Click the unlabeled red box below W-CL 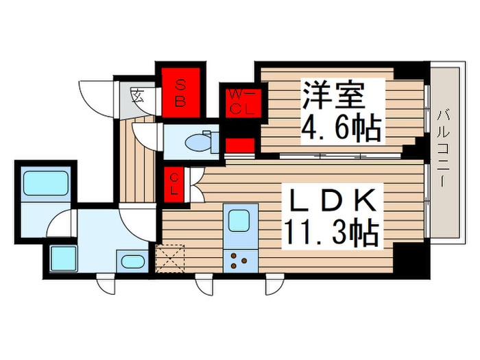coord(239,144)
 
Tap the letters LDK coord(335,200)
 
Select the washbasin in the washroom coord(132,261)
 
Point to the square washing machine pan coord(64,259)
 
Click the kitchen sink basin coord(239,221)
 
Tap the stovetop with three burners coord(239,261)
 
